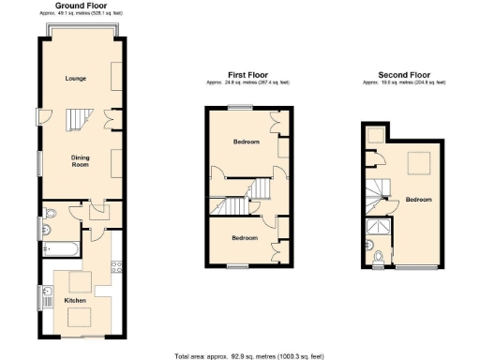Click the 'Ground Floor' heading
coord(78,6)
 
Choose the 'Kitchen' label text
coord(75,300)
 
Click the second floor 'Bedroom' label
coord(418,200)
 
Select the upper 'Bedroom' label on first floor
coord(247,142)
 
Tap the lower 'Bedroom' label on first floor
coord(245,238)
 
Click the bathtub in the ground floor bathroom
coord(61,248)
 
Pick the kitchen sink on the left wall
coord(47,297)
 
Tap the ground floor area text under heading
coord(78,14)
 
